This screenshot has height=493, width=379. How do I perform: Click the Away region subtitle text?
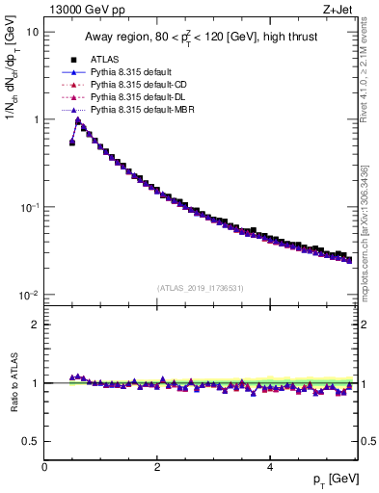click(x=201, y=39)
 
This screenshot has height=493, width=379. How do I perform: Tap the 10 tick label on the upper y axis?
click(x=32, y=32)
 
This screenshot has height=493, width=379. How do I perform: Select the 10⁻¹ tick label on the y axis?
click(x=29, y=207)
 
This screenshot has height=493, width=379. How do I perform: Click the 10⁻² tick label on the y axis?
click(x=29, y=295)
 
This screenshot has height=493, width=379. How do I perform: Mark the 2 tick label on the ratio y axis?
click(x=36, y=324)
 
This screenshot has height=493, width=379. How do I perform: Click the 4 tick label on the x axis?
click(x=269, y=466)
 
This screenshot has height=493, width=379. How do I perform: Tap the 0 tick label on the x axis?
click(x=44, y=466)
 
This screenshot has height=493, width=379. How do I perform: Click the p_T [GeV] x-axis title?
click(x=332, y=480)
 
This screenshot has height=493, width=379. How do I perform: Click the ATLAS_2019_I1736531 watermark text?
click(x=200, y=288)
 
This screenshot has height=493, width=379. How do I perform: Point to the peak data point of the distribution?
click(x=78, y=121)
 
